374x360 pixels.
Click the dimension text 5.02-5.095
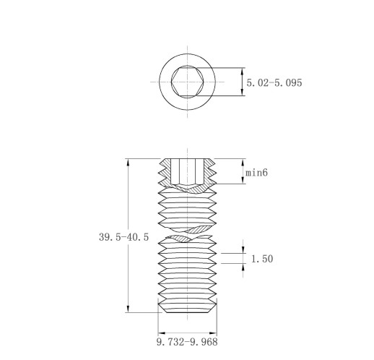274,83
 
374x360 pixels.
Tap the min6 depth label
256,173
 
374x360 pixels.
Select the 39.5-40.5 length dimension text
124,237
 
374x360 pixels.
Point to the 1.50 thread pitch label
262,259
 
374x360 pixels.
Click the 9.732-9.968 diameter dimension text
187,342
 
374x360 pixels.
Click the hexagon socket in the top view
188,82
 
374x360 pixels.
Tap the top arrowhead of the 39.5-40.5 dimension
128,162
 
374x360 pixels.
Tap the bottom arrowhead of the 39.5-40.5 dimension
128,309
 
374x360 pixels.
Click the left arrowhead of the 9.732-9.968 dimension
162,333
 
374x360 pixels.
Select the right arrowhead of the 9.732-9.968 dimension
213,333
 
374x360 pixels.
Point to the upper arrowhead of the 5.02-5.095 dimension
243,72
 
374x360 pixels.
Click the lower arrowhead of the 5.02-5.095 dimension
243,92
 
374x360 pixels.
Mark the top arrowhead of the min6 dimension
243,162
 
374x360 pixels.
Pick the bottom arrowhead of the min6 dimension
243,181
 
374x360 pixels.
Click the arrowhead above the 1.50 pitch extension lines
243,250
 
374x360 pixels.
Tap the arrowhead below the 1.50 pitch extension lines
243,267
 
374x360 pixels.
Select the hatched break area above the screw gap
199,229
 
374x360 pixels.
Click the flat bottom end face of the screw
187,312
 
